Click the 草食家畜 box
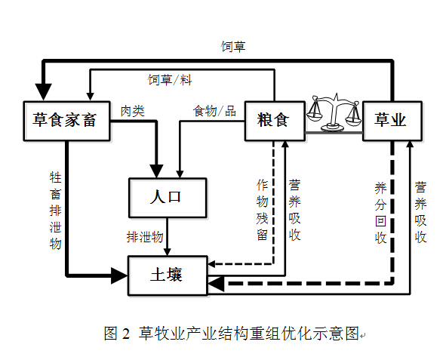pyautogui.click(x=67, y=121)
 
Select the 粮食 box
pyautogui.click(x=275, y=121)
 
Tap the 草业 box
pyautogui.click(x=392, y=121)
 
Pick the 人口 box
pyautogui.click(x=168, y=198)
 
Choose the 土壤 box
pyautogui.click(x=168, y=275)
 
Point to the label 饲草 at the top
pyautogui.click(x=233, y=47)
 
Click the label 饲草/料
pyautogui.click(x=170, y=80)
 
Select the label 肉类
pyautogui.click(x=133, y=111)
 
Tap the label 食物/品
pyautogui.click(x=215, y=111)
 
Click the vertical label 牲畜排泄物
pyautogui.click(x=55, y=211)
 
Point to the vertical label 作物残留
pyautogui.click(x=263, y=210)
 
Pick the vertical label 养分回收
pyautogui.click(x=380, y=213)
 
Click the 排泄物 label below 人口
pyautogui.click(x=145, y=237)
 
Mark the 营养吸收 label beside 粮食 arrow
pyautogui.click(x=294, y=210)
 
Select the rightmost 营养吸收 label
pyautogui.click(x=420, y=212)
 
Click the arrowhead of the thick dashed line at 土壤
pyautogui.click(x=216, y=284)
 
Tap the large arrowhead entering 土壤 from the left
pyautogui.click(x=119, y=275)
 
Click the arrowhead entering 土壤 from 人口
pyautogui.click(x=168, y=252)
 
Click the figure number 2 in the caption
pyautogui.click(x=125, y=334)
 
